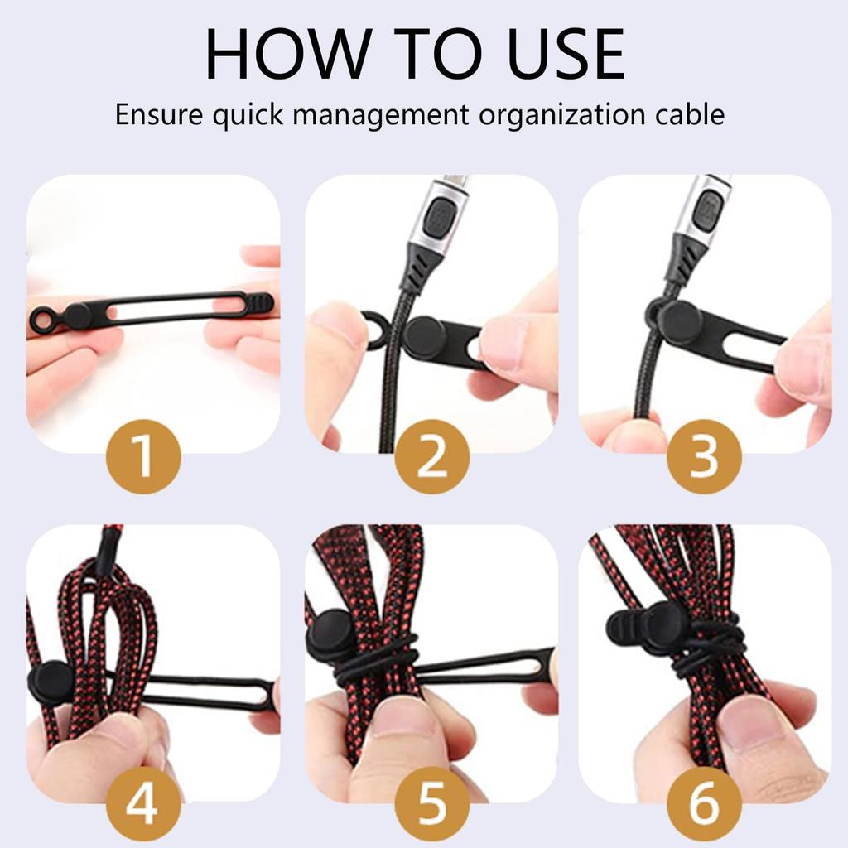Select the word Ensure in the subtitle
pyautogui.click(x=158, y=113)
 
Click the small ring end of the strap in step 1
pyautogui.click(x=42, y=319)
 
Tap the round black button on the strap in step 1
pyautogui.click(x=77, y=316)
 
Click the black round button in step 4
pyautogui.click(x=51, y=683)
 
